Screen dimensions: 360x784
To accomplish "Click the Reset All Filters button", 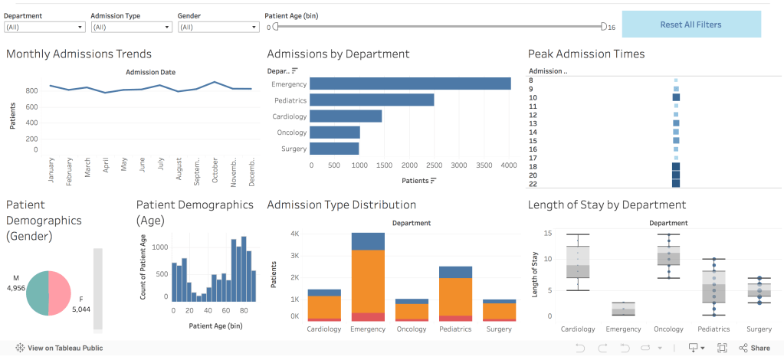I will (691, 25).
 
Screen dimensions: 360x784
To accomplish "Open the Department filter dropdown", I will (44, 27).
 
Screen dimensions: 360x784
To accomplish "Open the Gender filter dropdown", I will (218, 27).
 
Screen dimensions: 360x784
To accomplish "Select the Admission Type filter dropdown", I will (131, 27).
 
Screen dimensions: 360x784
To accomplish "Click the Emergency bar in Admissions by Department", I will (410, 83).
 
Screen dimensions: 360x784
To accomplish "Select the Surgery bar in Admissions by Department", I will (334, 149).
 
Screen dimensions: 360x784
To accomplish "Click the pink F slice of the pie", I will (60, 293).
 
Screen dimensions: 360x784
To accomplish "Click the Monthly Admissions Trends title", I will (79, 54).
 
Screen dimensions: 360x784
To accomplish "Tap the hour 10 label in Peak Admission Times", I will (533, 97).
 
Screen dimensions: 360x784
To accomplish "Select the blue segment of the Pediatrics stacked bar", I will (455, 272).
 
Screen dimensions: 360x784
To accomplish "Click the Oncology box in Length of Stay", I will (668, 255).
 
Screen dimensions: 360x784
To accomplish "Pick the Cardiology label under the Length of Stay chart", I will (578, 329).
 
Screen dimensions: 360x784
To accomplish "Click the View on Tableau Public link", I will (59, 348).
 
